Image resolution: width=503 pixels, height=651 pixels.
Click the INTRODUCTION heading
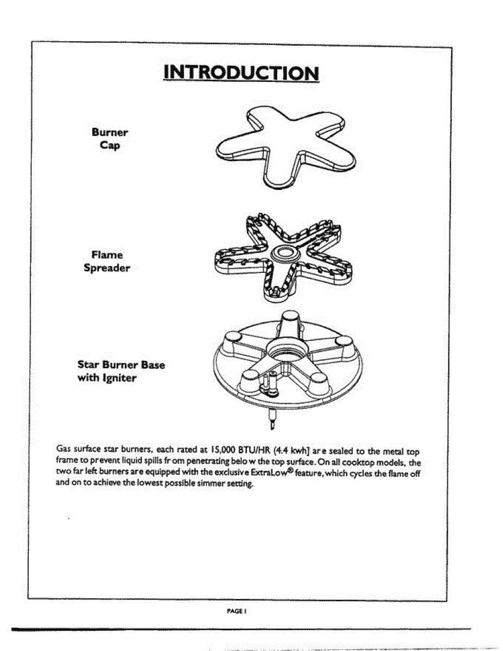point(241,73)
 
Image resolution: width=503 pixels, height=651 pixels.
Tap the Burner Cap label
point(110,139)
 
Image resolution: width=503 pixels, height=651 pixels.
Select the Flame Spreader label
point(107,261)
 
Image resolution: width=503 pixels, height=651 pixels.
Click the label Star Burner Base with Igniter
point(121,371)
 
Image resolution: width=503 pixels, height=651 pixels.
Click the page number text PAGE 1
point(237,610)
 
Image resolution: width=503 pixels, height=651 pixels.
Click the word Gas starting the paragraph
point(64,450)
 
